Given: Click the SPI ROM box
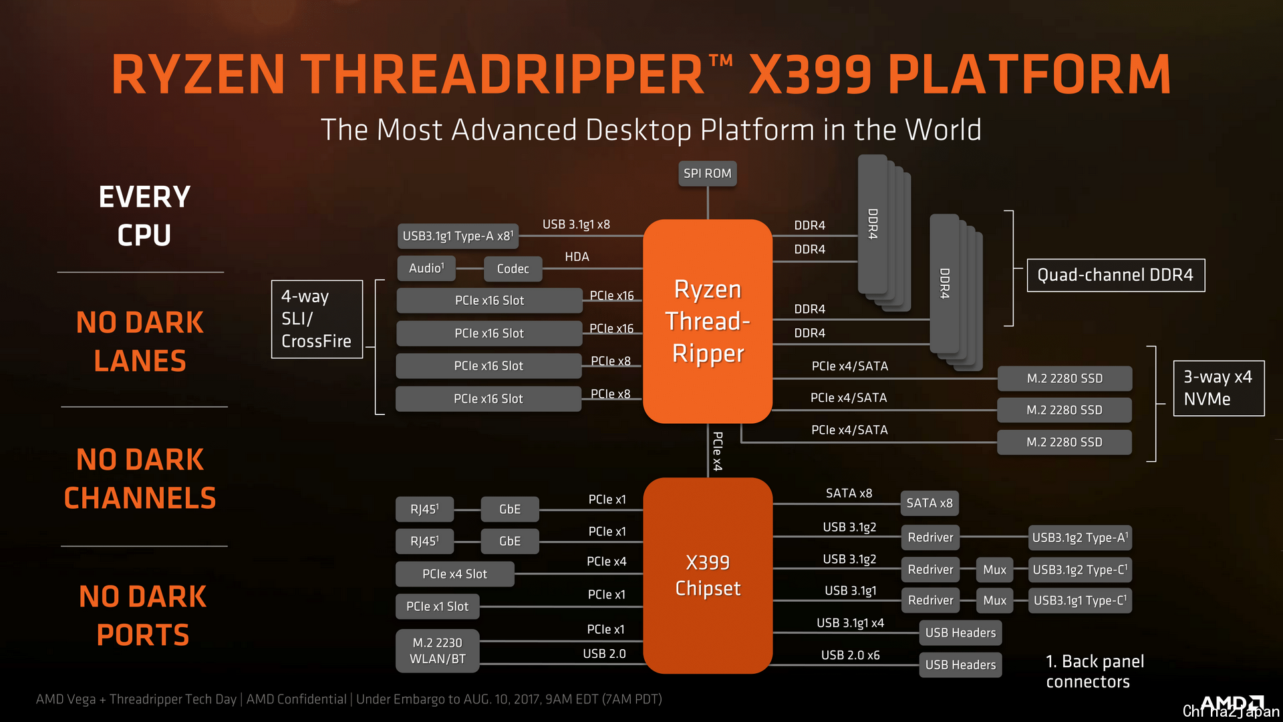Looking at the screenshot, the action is coord(708,173).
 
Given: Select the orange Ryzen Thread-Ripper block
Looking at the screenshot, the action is coord(708,321).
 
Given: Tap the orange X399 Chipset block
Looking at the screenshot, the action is coord(708,576).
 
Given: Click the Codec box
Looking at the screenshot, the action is coord(513,269).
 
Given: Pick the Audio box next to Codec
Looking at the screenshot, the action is coord(426,268).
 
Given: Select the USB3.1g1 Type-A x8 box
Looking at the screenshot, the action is coord(458,236).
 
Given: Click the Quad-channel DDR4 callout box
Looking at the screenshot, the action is coord(1115,275).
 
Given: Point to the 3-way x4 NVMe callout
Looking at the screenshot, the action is coord(1218,388).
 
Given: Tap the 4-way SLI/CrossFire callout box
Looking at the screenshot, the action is coord(317,319).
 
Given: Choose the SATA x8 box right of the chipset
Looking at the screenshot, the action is coord(930,503).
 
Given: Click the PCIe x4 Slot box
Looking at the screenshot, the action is coord(454,574).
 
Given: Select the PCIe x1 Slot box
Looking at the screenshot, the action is coord(437,606).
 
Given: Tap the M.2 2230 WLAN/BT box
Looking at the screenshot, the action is coord(437,650).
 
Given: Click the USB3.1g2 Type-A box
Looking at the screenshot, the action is coord(1080,537).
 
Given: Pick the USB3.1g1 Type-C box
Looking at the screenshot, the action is coord(1080,600).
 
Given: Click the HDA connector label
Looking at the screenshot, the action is coord(577,257).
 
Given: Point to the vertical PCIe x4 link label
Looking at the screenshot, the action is coord(718,451).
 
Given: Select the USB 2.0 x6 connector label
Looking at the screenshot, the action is coord(850,655).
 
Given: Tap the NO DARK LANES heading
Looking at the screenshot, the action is coord(140,342).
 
